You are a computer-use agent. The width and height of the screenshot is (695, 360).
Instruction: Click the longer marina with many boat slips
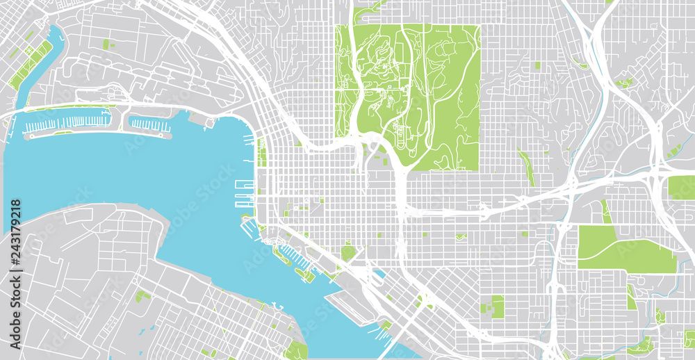[66, 123]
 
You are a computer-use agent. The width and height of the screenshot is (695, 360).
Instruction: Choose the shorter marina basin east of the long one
[149, 125]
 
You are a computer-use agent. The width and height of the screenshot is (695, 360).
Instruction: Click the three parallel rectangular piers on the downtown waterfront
[244, 195]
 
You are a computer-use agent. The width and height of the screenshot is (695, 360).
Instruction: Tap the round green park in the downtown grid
[347, 250]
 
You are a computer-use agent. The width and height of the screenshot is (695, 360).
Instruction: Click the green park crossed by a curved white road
[625, 250]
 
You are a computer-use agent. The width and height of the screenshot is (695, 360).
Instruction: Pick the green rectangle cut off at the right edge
[681, 188]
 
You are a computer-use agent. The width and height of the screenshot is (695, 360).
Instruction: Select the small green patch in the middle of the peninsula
[142, 296]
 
